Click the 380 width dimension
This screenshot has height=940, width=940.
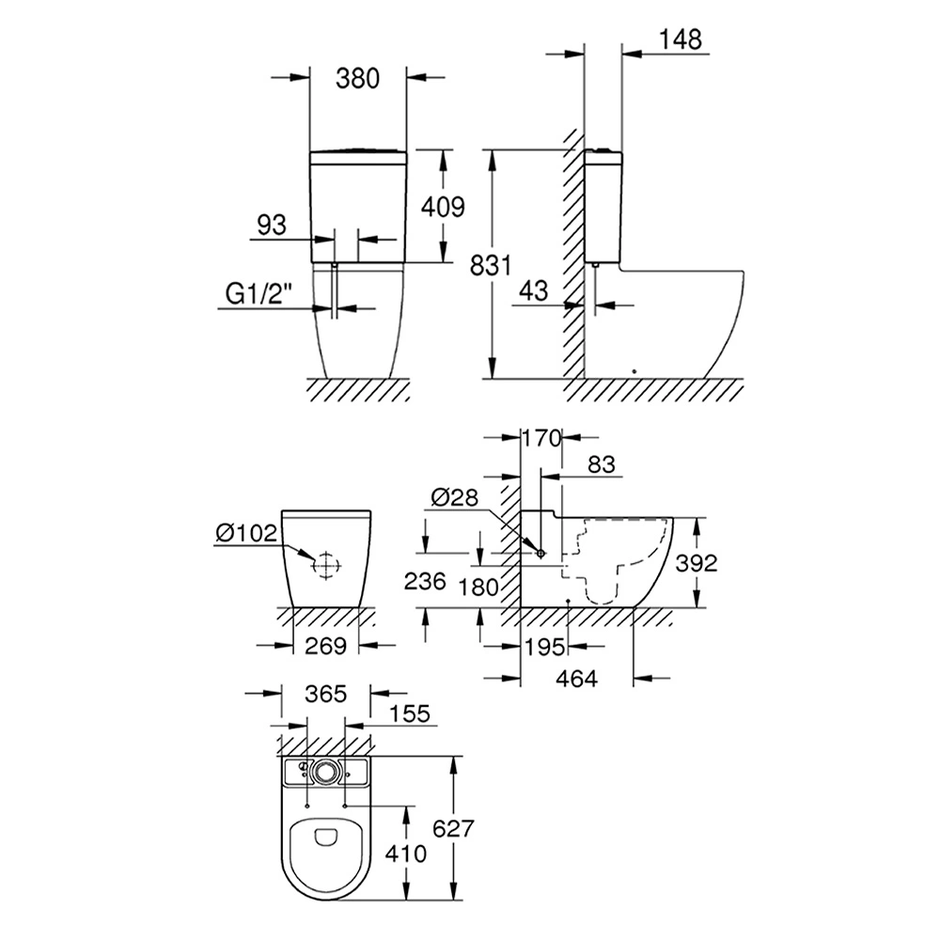tap(358, 79)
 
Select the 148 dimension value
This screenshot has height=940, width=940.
tap(681, 39)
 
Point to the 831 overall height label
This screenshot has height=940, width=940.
tap(492, 265)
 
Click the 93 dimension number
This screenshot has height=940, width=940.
tap(271, 226)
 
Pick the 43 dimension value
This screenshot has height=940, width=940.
tap(532, 291)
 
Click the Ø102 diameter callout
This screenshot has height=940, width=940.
tap(246, 534)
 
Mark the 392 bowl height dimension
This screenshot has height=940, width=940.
tap(697, 562)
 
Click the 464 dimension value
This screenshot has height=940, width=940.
tap(577, 678)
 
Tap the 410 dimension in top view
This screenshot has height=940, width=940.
tap(406, 854)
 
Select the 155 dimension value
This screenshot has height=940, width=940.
tap(408, 714)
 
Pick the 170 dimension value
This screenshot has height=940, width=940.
tap(541, 437)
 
